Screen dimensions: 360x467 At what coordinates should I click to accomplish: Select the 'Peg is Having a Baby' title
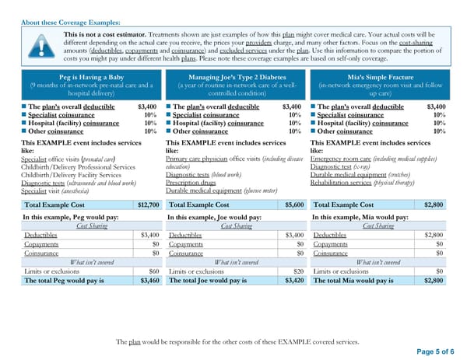click(90, 77)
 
